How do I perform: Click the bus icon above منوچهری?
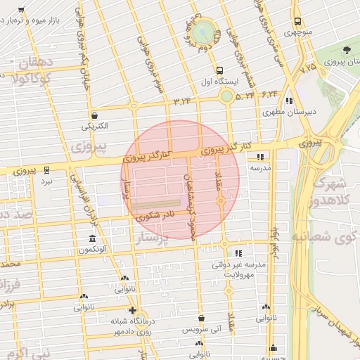click(298, 22)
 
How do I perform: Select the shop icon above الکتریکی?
click(94, 116)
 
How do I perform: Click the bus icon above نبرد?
click(46, 170)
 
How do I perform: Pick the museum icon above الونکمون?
click(91, 239)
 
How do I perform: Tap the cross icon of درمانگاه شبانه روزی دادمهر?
click(131, 310)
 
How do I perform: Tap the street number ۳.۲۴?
click(182, 101)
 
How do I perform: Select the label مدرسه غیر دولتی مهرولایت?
click(240, 270)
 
